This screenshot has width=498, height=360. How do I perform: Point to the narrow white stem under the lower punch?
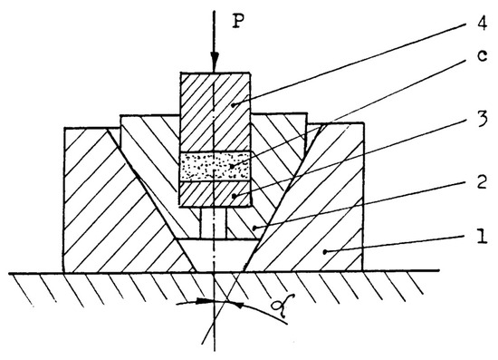click(x=215, y=223)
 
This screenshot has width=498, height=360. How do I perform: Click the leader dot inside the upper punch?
click(x=234, y=105)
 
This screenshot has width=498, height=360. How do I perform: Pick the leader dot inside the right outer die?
click(x=323, y=248)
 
